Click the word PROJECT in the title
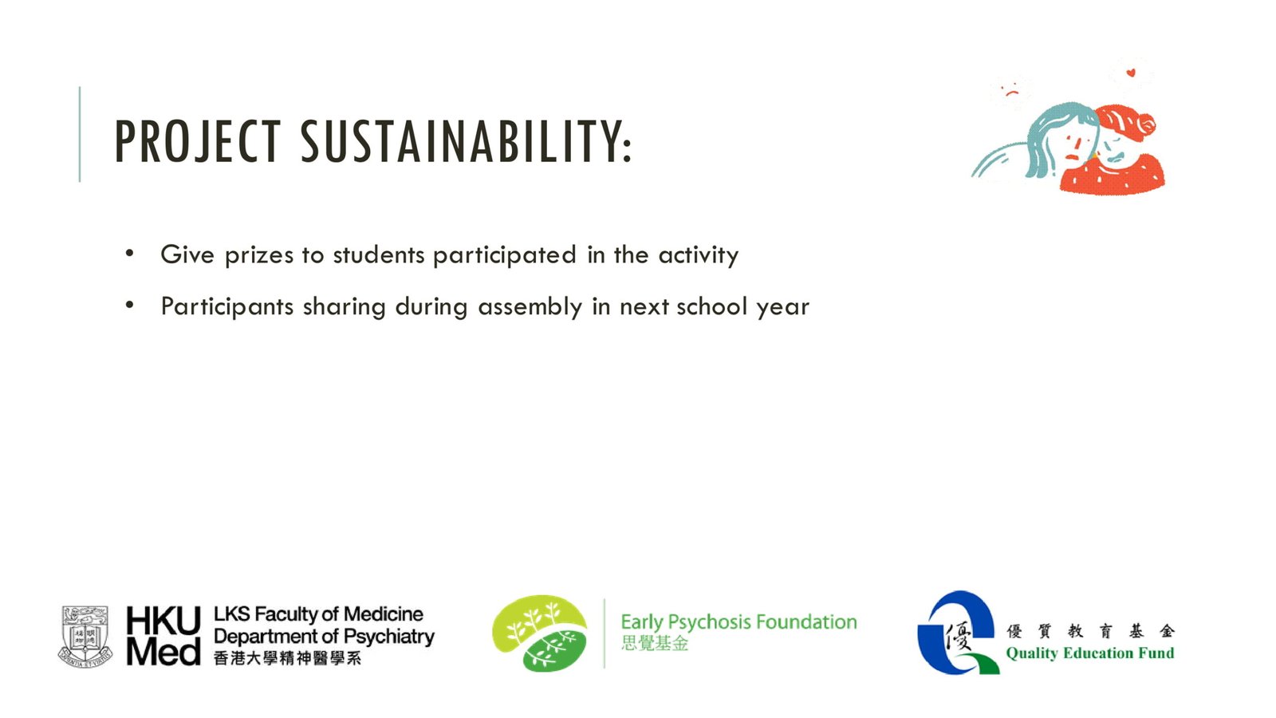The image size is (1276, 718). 198,141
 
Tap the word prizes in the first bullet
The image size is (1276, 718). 259,255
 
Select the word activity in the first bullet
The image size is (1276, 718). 699,255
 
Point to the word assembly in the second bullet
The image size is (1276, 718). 530,307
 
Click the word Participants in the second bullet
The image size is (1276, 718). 227,307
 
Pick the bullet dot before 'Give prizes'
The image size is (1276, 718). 130,253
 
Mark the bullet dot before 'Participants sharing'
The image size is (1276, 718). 130,305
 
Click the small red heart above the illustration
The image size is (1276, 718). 1131,73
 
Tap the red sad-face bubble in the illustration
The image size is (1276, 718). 1011,91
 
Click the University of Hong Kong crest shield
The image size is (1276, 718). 85,637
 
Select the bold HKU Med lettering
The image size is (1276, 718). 163,636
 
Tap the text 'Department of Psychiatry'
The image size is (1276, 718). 324,637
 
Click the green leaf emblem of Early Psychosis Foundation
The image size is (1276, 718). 539,633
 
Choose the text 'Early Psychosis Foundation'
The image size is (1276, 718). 738,621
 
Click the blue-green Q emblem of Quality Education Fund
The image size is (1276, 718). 958,633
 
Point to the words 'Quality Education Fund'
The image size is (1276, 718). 1089,653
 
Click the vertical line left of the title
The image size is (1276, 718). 80,135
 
